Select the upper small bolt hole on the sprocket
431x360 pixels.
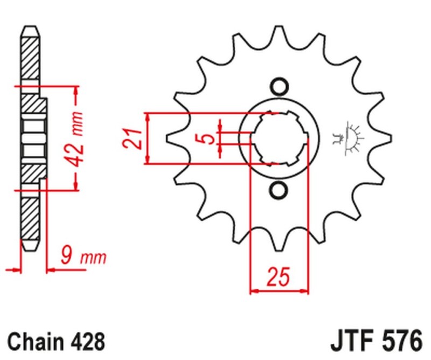[x=279, y=86]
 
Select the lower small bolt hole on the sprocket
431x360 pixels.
[x=279, y=190]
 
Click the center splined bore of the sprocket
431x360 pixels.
[x=279, y=139]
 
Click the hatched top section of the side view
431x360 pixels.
[x=30, y=54]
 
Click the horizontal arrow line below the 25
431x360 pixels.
[x=279, y=292]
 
